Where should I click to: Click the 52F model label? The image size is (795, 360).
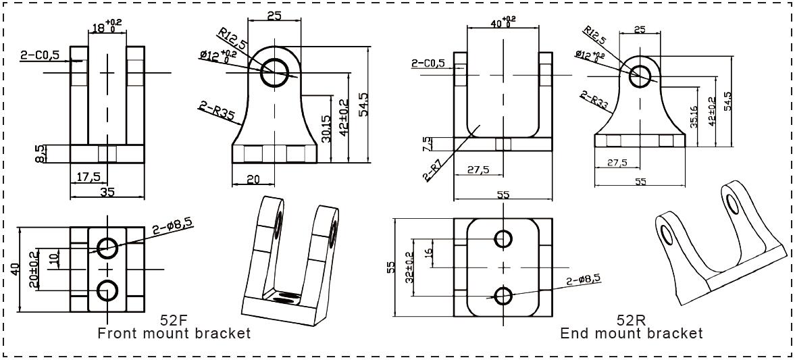(174, 319)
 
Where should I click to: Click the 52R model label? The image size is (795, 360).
(631, 319)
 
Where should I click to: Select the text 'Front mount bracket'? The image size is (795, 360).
(174, 333)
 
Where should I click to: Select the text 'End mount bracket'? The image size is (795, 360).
(631, 333)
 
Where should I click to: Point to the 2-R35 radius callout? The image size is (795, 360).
(216, 110)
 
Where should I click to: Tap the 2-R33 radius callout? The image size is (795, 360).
(593, 101)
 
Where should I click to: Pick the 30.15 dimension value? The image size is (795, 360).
(326, 128)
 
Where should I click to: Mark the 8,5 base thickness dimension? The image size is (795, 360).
(41, 153)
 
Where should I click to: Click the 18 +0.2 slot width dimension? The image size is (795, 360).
(106, 27)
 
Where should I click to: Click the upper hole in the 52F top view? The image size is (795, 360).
(107, 248)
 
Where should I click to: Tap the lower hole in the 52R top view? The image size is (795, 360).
(503, 295)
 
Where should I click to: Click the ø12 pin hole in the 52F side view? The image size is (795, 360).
(275, 72)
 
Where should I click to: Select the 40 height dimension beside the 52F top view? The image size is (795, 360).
(14, 269)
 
